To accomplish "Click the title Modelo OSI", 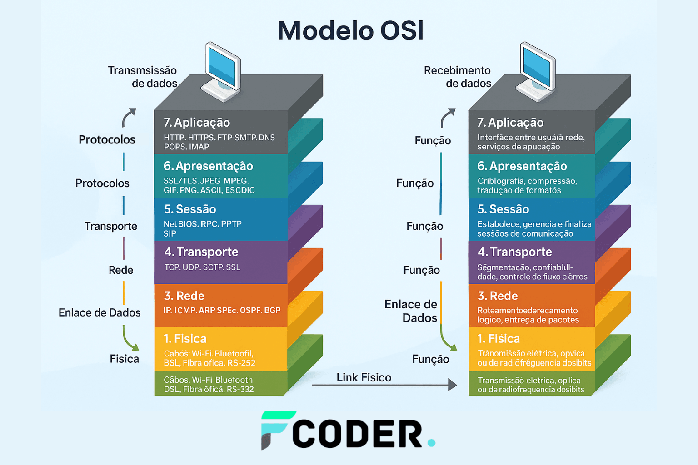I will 350,31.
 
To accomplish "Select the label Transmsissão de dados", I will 143,77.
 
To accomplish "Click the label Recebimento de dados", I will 457,77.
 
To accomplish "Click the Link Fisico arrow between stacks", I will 384,386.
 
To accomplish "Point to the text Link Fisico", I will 364,377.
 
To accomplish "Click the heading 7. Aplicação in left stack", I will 197,123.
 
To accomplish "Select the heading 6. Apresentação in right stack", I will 522,166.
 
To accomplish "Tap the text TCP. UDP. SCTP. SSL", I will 202,267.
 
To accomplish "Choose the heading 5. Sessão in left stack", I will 190,209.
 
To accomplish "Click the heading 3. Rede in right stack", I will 498,296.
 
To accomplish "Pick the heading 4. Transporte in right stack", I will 514,252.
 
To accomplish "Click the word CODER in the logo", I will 357,434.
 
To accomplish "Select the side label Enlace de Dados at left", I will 100,312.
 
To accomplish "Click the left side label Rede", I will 121,270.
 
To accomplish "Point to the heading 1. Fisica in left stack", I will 185,339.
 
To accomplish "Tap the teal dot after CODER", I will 431,442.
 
